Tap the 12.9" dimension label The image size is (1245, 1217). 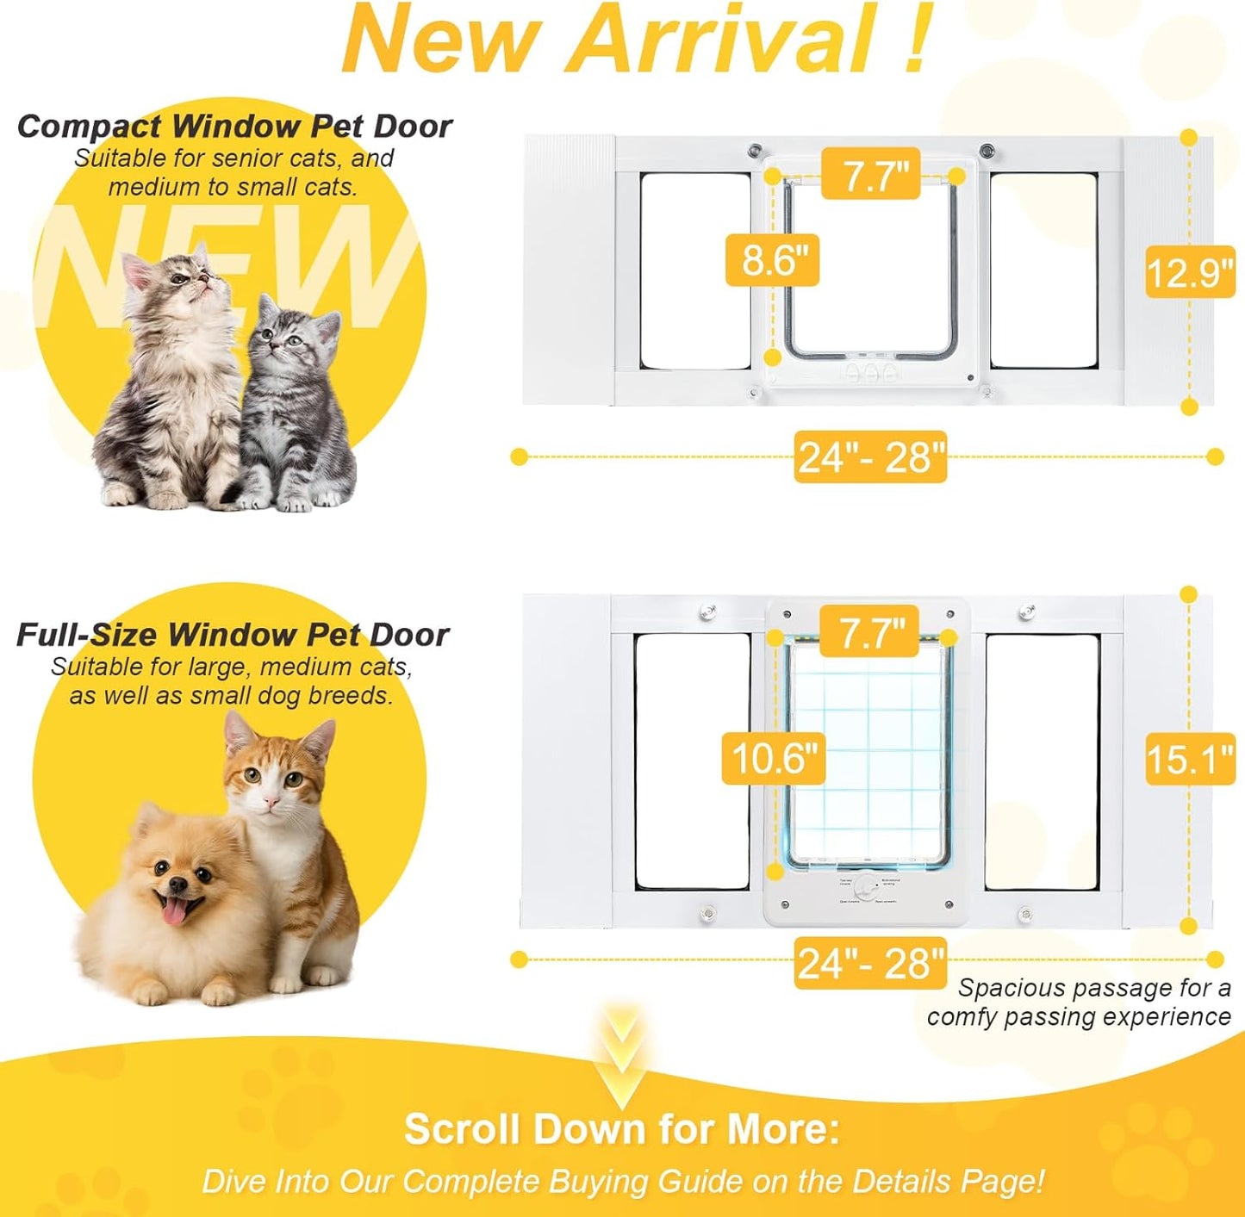click(1190, 273)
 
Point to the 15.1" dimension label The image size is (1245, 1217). click(1190, 759)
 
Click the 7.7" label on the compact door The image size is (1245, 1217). click(871, 175)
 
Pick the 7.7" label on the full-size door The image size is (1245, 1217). click(870, 633)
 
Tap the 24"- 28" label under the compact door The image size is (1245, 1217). click(870, 456)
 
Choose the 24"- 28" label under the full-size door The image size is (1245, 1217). click(870, 962)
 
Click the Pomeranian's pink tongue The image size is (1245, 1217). click(175, 913)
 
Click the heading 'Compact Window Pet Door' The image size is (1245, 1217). click(234, 127)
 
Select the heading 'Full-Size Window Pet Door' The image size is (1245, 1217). click(233, 635)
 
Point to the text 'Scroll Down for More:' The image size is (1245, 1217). click(621, 1128)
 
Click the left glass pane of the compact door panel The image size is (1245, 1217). click(694, 270)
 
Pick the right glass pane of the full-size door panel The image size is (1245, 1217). click(1042, 761)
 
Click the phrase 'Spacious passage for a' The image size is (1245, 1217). click(1094, 988)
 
